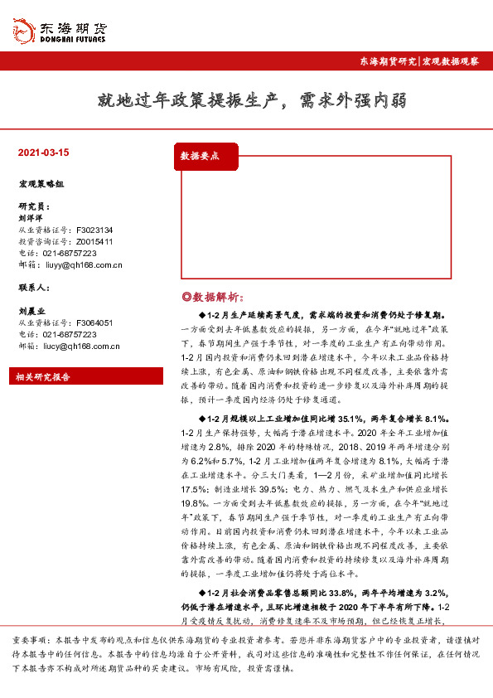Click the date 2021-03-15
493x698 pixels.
click(x=43, y=153)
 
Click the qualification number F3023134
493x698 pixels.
click(x=94, y=230)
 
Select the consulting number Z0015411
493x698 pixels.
click(x=94, y=241)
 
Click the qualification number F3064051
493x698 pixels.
click(x=94, y=322)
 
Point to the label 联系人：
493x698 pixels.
click(x=34, y=287)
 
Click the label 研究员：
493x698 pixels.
click(x=34, y=206)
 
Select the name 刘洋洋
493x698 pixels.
click(x=31, y=218)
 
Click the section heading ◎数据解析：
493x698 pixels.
click(x=213, y=297)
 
